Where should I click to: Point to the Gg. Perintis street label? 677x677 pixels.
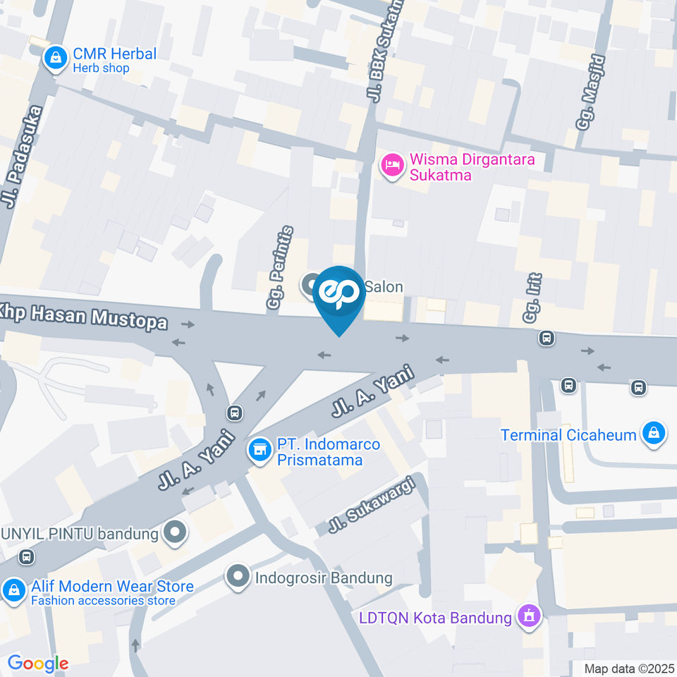(x=280, y=268)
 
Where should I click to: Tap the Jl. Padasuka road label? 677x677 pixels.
(x=21, y=157)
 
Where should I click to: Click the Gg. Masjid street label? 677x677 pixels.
(x=591, y=92)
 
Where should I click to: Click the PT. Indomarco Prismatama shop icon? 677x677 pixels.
(x=260, y=450)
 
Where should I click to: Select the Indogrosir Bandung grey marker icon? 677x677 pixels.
(x=238, y=577)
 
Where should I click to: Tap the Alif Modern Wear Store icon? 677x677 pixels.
(x=13, y=591)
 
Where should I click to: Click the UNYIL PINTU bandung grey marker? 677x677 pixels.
(x=173, y=532)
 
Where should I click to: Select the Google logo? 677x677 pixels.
(x=37, y=663)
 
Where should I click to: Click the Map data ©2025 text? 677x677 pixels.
(x=629, y=669)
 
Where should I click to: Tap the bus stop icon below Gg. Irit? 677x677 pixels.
(x=547, y=338)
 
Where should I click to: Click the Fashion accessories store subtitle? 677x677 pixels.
(x=103, y=601)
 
